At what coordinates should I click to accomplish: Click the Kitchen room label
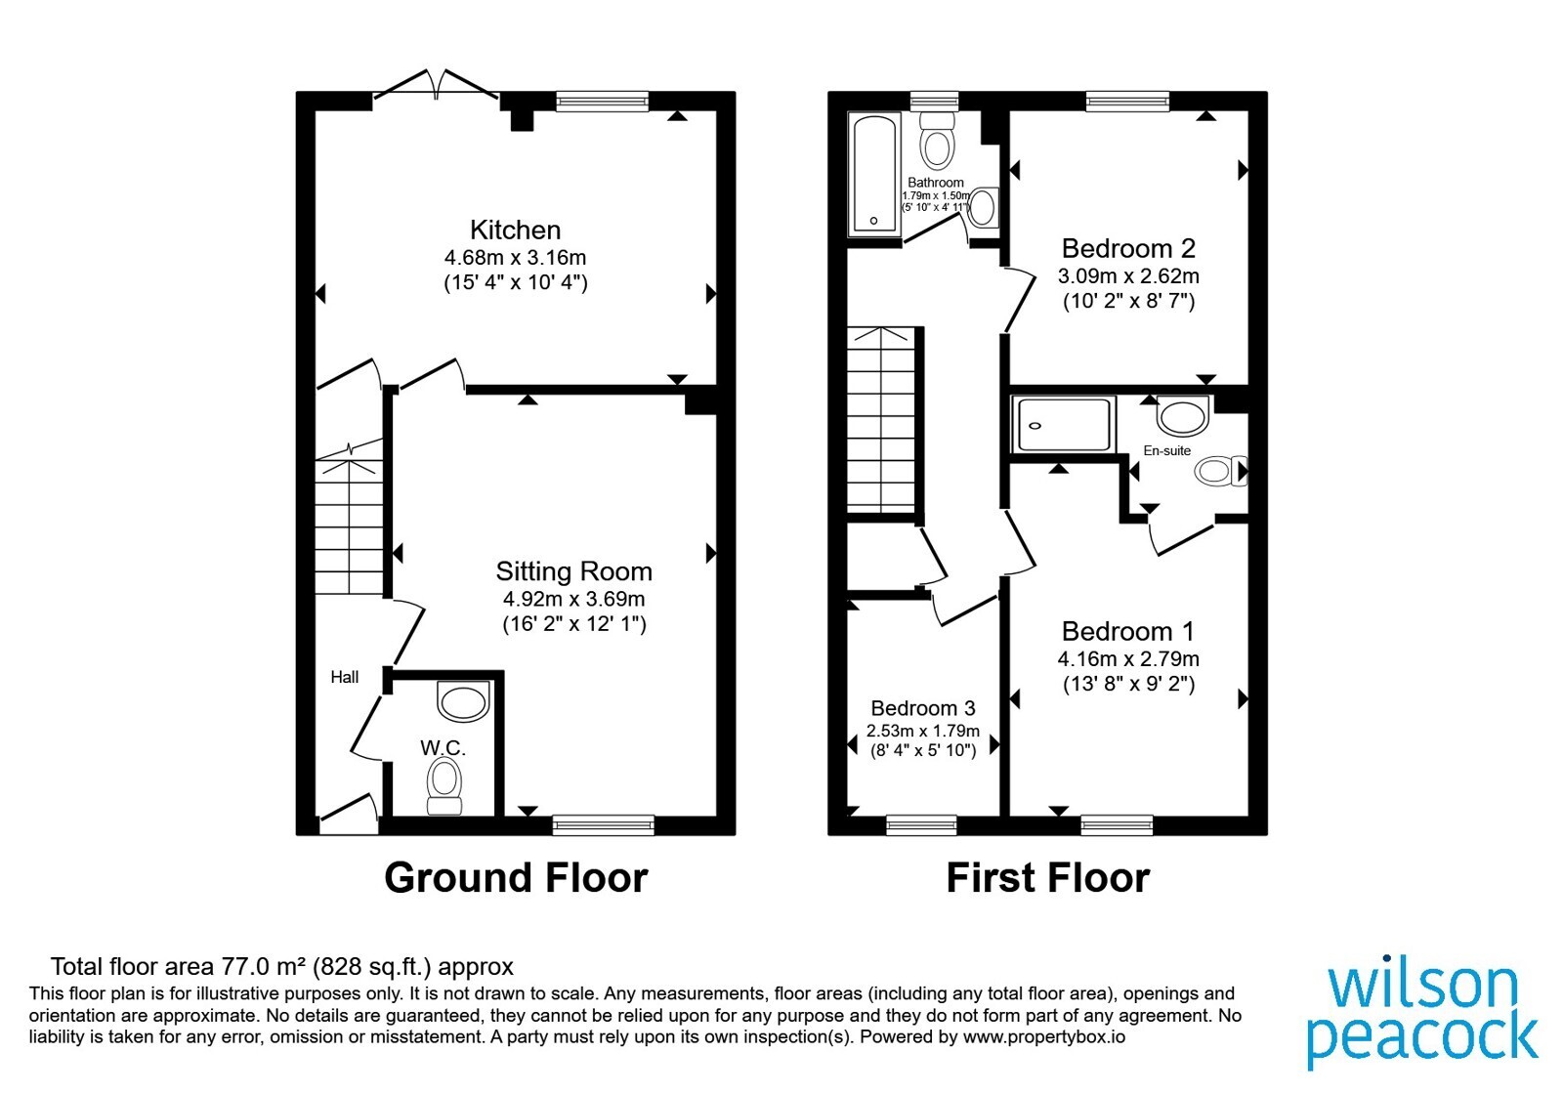click(x=515, y=230)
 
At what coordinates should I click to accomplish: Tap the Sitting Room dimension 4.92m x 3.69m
click(x=573, y=599)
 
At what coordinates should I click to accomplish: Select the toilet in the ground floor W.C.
click(x=444, y=786)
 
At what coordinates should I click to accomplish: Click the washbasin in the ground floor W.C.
click(x=463, y=700)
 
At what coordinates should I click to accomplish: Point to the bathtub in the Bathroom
click(x=874, y=174)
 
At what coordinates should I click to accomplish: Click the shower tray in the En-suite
click(x=1063, y=424)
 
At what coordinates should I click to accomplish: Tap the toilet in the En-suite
click(x=1221, y=471)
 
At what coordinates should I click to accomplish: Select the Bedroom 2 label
click(x=1128, y=248)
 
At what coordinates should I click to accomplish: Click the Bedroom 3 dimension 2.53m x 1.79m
click(x=922, y=731)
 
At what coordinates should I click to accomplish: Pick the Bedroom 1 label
click(x=1128, y=631)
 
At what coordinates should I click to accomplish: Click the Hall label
click(x=345, y=677)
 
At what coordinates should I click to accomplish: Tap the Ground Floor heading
click(x=517, y=877)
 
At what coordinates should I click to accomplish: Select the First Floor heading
click(x=1048, y=877)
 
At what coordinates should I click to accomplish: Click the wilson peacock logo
click(x=1422, y=1015)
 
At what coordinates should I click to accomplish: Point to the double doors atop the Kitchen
click(x=436, y=84)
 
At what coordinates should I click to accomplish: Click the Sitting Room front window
click(x=604, y=824)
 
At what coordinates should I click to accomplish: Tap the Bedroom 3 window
click(x=921, y=825)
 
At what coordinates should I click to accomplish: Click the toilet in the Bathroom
click(x=937, y=141)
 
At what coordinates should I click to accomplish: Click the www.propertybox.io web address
click(x=1044, y=1036)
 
